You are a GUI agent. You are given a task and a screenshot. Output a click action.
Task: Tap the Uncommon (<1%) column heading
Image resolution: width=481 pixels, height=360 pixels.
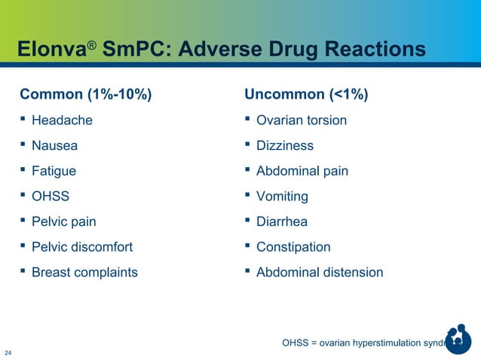pos(306,95)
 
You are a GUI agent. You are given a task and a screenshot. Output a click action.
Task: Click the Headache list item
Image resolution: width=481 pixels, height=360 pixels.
pos(62,120)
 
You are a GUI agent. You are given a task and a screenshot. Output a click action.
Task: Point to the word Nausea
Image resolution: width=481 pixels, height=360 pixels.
pos(54,145)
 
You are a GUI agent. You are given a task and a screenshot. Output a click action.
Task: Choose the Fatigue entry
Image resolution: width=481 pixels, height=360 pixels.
pos(54,171)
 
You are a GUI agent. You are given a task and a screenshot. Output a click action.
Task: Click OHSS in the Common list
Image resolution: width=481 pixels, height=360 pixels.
pos(51,197)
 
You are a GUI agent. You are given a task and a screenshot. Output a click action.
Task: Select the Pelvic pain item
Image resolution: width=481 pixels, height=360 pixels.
pos(63,222)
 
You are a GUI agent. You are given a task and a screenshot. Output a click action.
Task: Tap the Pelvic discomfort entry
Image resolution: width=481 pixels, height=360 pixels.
pos(82,247)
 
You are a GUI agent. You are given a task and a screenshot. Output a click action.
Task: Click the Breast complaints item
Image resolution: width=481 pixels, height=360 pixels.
pos(84,273)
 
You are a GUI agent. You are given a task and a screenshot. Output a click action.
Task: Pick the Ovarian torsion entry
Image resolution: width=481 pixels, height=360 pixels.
pos(302,120)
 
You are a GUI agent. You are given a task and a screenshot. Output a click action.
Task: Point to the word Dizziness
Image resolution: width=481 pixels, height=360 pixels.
pos(285,145)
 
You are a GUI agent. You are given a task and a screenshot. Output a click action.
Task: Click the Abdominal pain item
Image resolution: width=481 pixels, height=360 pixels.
pos(302,171)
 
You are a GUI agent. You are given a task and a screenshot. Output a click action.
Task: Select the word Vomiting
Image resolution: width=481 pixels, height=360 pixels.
pos(282,197)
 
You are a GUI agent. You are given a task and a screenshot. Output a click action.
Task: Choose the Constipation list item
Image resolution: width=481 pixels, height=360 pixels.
pos(293,247)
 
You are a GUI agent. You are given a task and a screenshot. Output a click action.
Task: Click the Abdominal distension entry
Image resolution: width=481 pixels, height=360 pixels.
pos(320,273)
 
